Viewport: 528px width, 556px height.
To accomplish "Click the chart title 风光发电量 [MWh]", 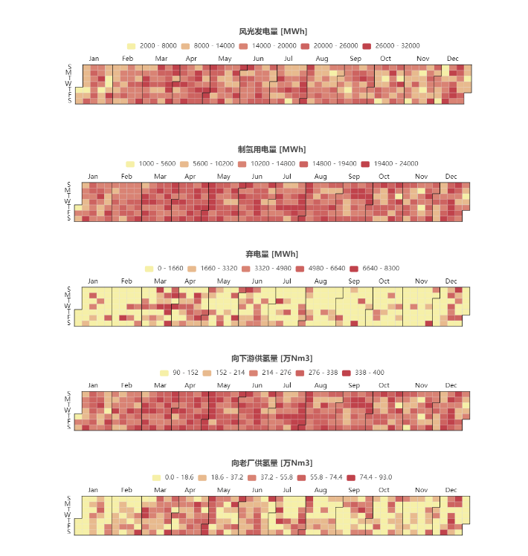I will pyautogui.click(x=273, y=31).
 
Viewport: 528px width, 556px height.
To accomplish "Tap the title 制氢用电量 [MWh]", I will pyautogui.click(x=271, y=149).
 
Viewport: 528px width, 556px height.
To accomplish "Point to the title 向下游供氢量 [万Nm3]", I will pyautogui.click(x=271, y=359).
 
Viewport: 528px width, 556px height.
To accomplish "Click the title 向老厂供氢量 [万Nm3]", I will pyautogui.click(x=271, y=463).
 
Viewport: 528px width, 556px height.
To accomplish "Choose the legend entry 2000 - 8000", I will pyautogui.click(x=152, y=46).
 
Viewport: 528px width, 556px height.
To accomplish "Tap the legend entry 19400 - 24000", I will pyautogui.click(x=391, y=164).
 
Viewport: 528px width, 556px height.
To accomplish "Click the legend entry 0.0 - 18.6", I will pyautogui.click(x=173, y=477).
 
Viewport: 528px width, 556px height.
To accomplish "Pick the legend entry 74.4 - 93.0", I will pyautogui.click(x=370, y=477).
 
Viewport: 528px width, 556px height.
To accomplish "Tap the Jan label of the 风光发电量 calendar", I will pyautogui.click(x=94, y=59).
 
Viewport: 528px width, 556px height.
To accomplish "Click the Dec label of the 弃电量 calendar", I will pyautogui.click(x=451, y=281).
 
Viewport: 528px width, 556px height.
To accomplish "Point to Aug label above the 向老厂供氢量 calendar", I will pyautogui.click(x=321, y=491).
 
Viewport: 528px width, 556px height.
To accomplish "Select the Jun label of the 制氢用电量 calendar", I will pyautogui.click(x=257, y=177).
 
